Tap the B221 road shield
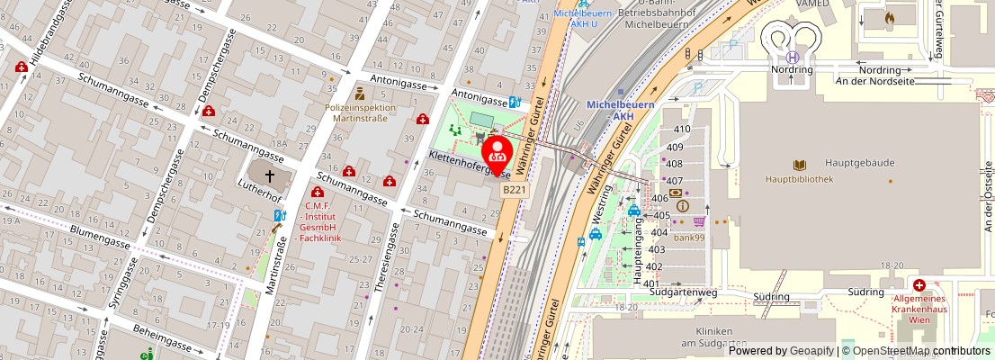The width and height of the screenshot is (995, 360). coord(515,190)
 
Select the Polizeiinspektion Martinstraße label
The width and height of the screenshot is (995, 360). coord(360,112)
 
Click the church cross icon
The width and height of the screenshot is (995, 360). coord(267,175)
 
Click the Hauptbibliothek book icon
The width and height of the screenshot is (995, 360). coord(800,165)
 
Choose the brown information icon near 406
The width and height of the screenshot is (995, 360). coord(682,206)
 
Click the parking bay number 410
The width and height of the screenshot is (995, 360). coord(682,129)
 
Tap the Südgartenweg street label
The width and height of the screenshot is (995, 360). coord(687,292)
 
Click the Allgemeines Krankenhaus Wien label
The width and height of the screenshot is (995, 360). coord(918,309)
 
